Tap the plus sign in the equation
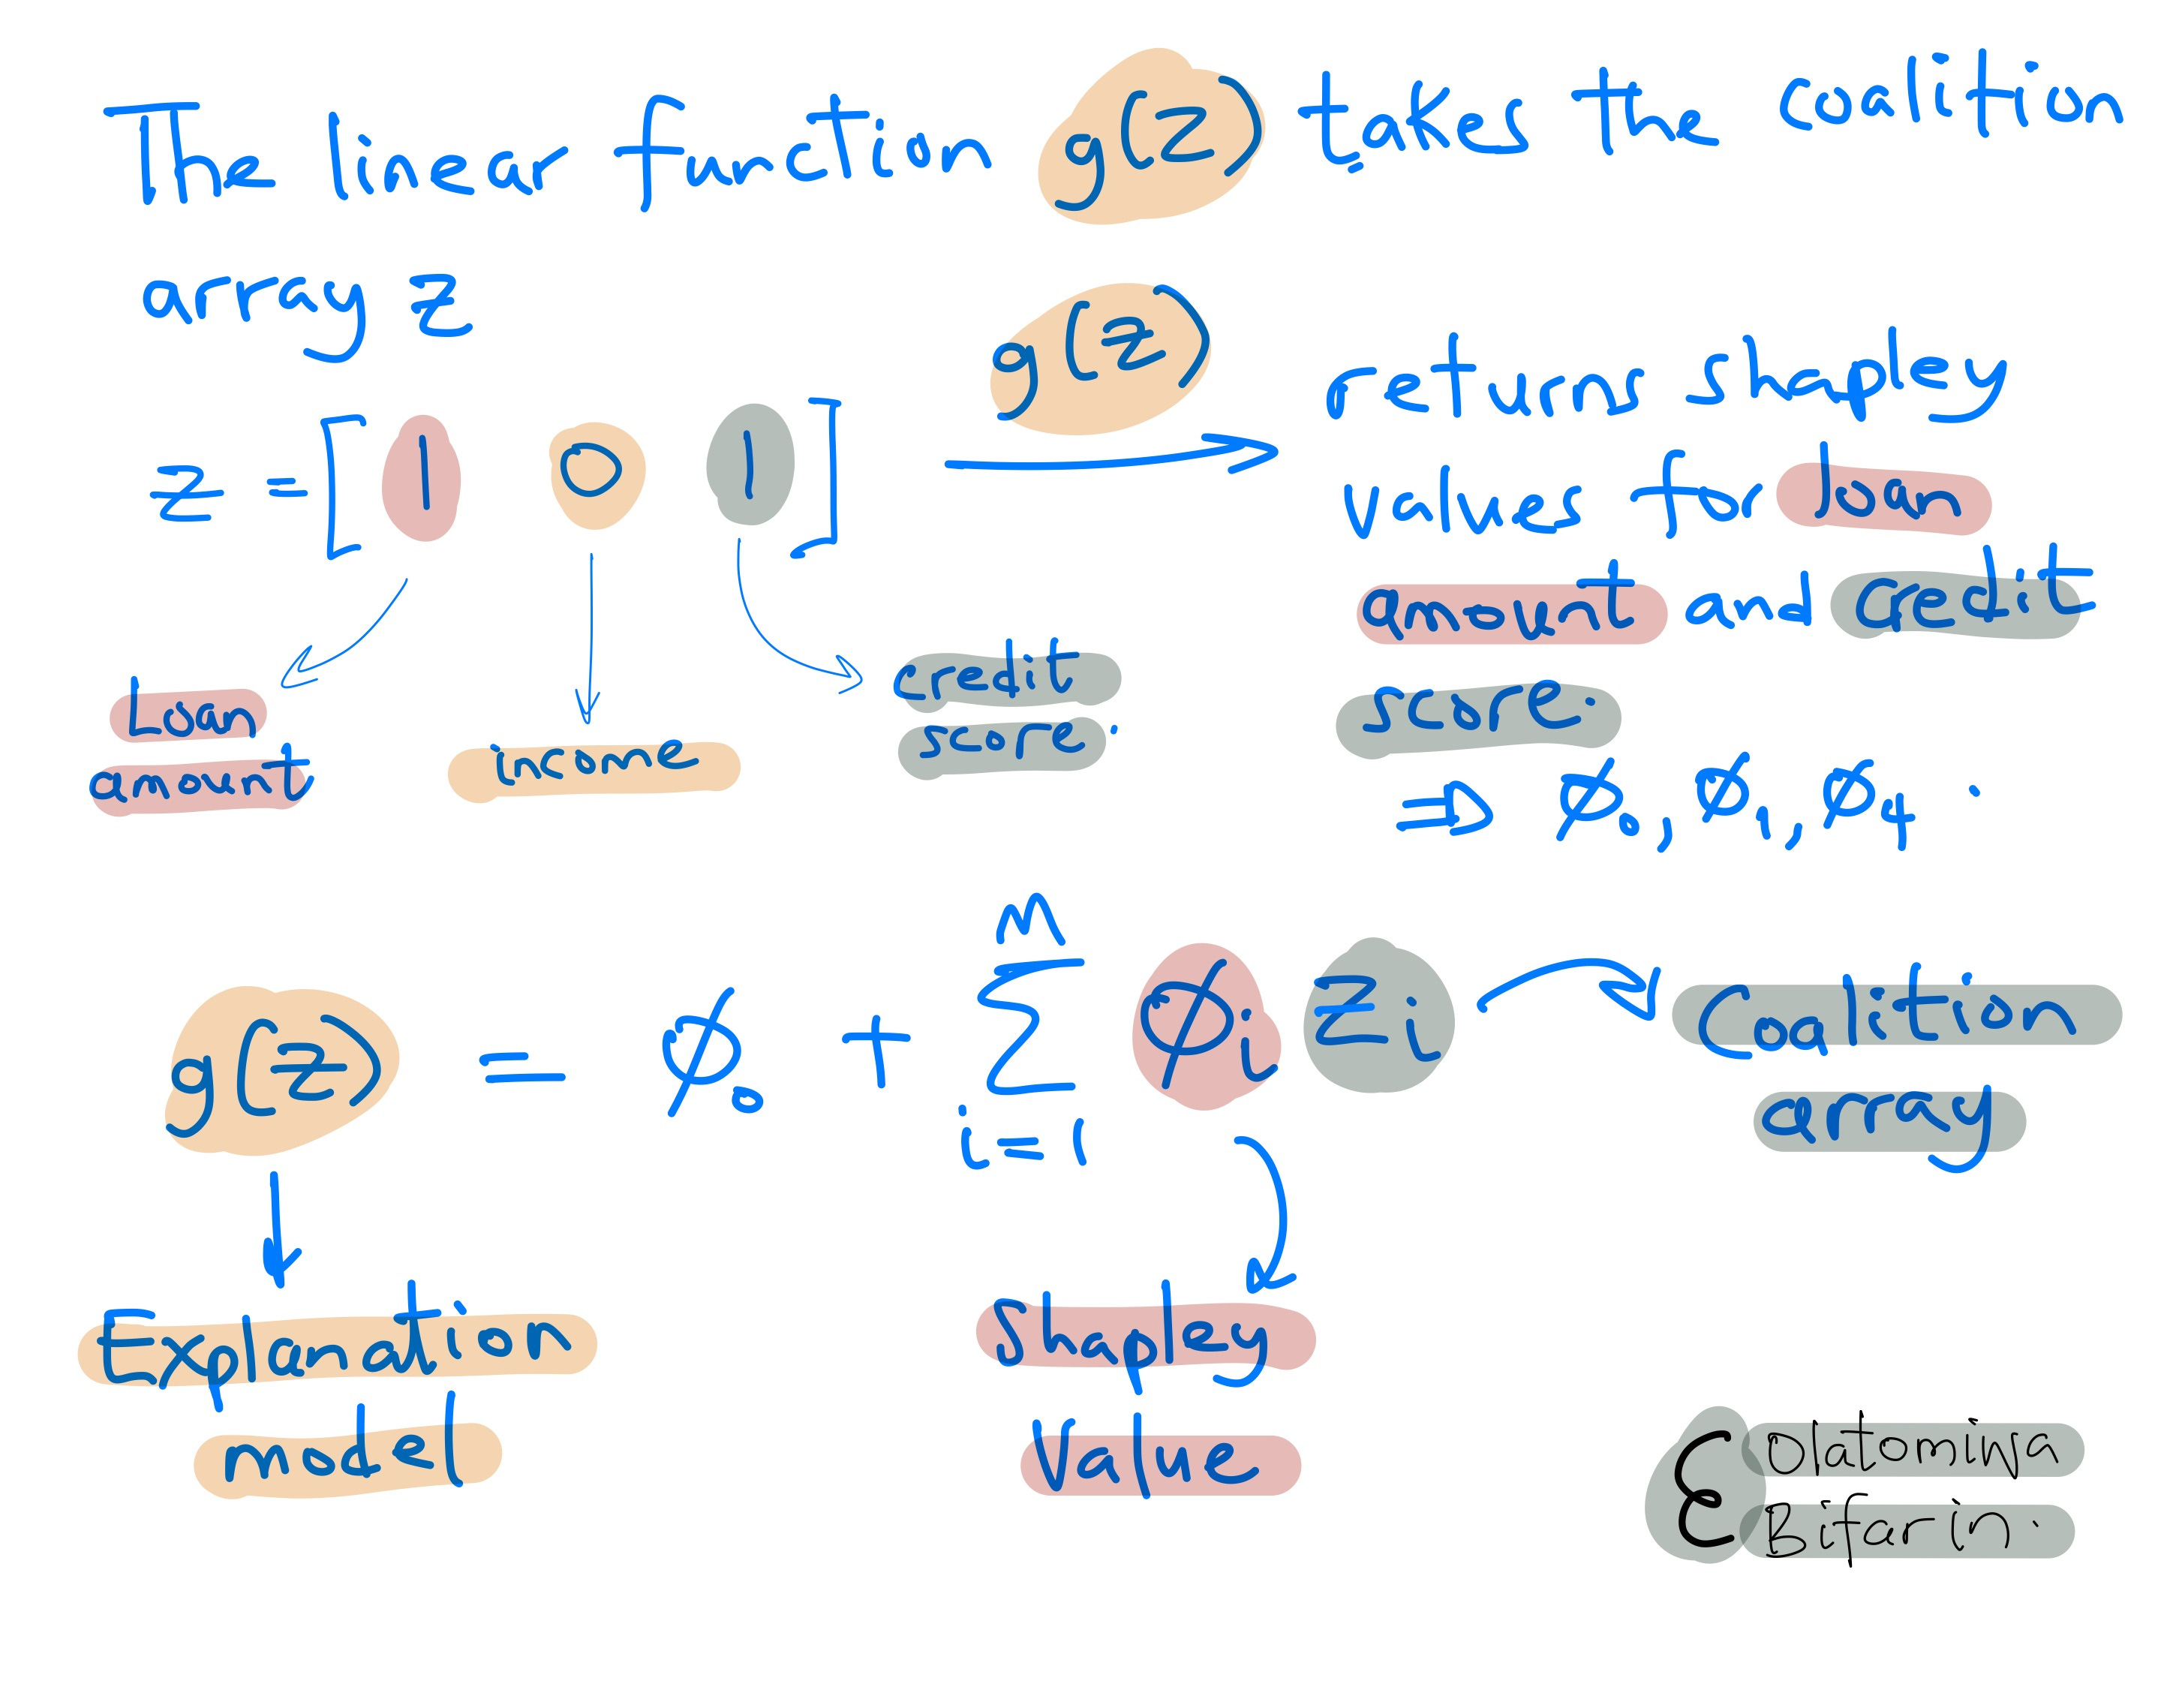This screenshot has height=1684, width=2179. click(x=876, y=1042)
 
